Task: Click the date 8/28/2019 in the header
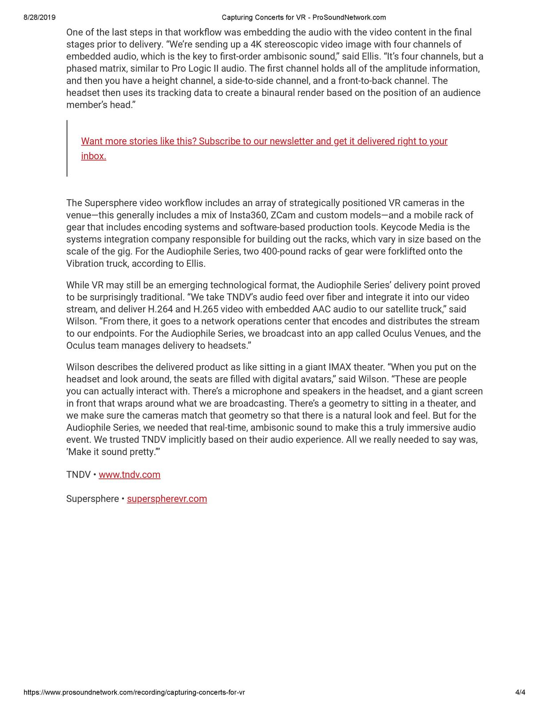click(x=40, y=18)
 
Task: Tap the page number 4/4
click(x=520, y=692)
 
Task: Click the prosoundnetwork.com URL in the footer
click(x=134, y=692)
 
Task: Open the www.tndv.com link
click(x=129, y=475)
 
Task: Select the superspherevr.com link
click(x=167, y=499)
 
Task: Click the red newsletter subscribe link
click(x=264, y=142)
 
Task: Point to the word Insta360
click(x=248, y=215)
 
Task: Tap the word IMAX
click(x=340, y=367)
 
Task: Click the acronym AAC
click(x=322, y=309)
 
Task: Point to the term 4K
click(x=256, y=44)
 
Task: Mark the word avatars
click(x=315, y=379)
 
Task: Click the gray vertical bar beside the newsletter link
click(x=67, y=148)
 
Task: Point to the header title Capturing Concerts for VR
click(x=264, y=18)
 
